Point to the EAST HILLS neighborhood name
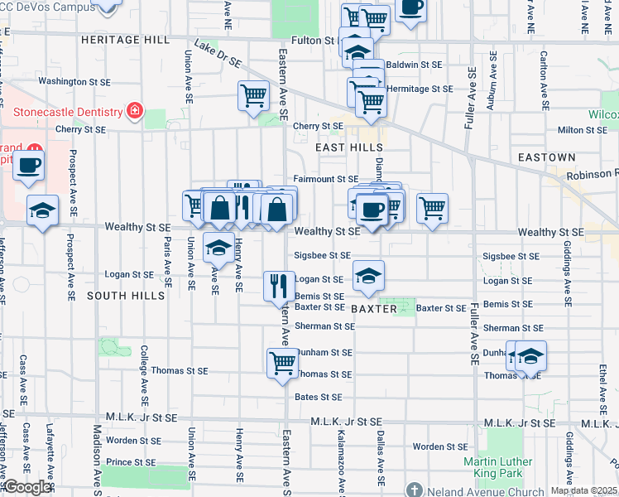pos(349,147)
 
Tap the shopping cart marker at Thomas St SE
pos(283,363)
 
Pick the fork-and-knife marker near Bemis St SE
pos(279,286)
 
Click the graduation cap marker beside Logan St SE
pos(368,276)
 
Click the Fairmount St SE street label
pos(326,179)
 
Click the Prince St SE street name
pos(132,461)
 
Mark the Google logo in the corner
pos(26,487)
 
